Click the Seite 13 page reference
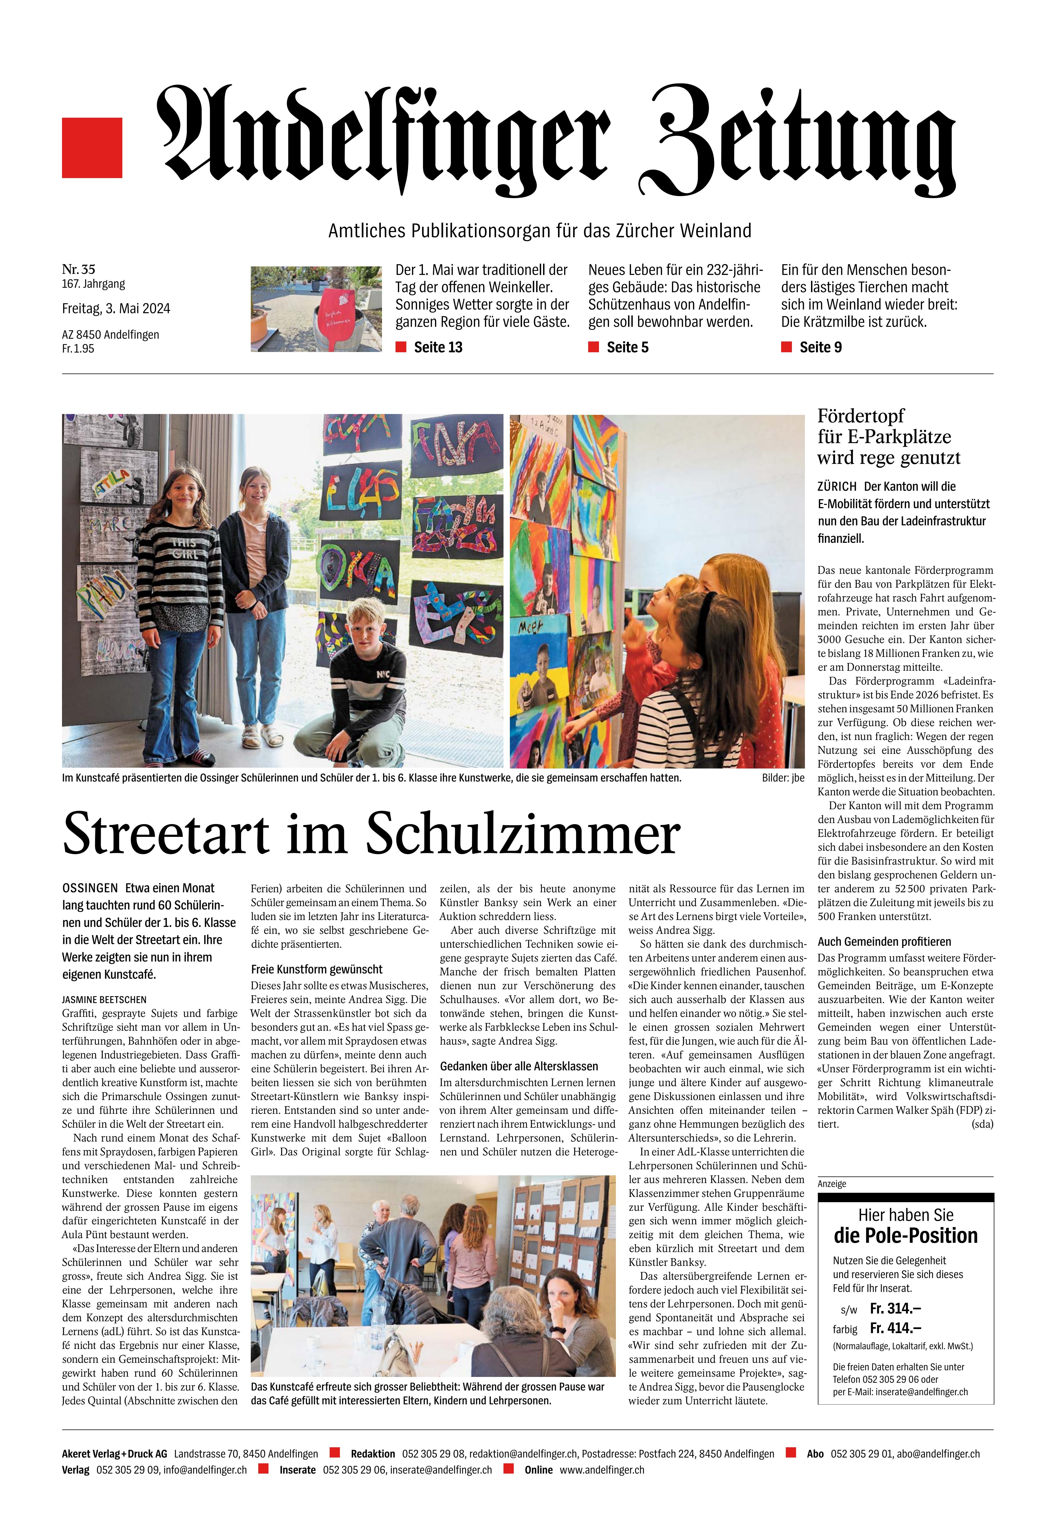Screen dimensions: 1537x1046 pyautogui.click(x=438, y=347)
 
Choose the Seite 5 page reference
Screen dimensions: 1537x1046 pyautogui.click(x=627, y=347)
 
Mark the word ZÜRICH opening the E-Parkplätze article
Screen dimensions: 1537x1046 pyautogui.click(x=836, y=486)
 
